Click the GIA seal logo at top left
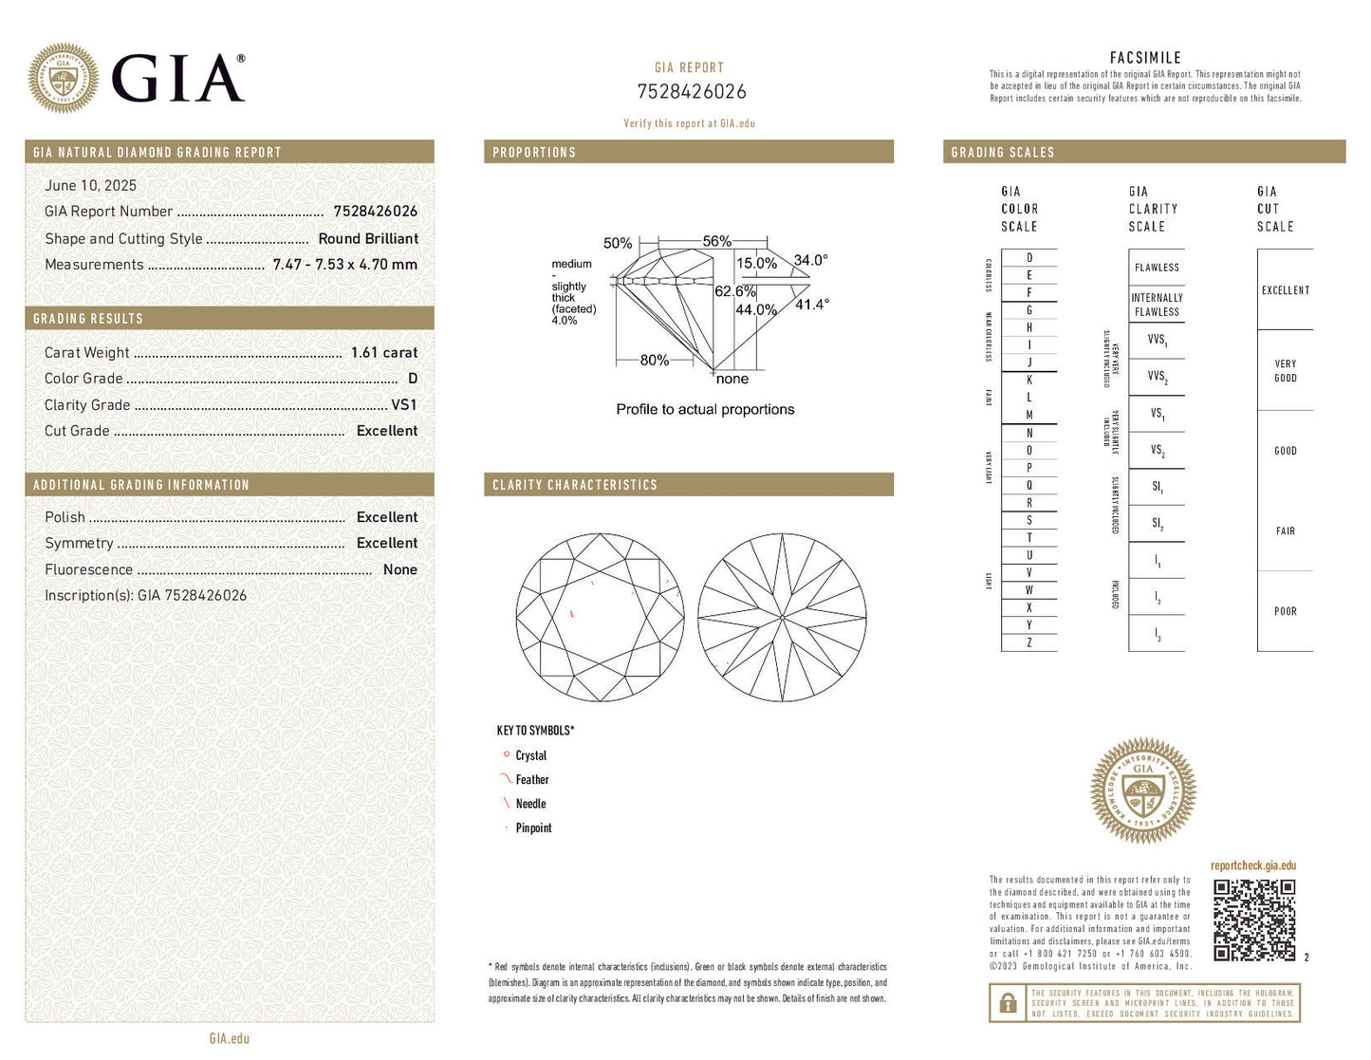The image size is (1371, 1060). [64, 78]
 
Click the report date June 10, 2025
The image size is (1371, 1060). [90, 186]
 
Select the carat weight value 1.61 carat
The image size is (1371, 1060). [383, 353]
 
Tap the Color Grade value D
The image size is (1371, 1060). [413, 379]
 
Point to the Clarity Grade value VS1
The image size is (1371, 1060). [403, 405]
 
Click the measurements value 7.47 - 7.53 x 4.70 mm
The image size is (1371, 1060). [344, 265]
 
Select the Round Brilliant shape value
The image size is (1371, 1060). [368, 239]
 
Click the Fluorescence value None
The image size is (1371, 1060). [399, 570]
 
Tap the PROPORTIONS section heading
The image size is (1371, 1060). [534, 153]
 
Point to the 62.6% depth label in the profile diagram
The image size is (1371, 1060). [734, 291]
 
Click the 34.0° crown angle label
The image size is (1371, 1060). [810, 260]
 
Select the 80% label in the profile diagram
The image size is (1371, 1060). [654, 361]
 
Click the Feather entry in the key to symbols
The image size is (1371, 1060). [531, 780]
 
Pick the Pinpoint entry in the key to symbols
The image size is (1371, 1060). [533, 828]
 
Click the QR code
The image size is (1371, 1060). [1254, 921]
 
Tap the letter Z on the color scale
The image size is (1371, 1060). [1029, 643]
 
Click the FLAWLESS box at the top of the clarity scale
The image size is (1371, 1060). [1157, 268]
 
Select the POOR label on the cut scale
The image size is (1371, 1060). [1285, 612]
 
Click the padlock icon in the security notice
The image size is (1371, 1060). [1008, 1003]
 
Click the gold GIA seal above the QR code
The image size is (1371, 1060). [1143, 791]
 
